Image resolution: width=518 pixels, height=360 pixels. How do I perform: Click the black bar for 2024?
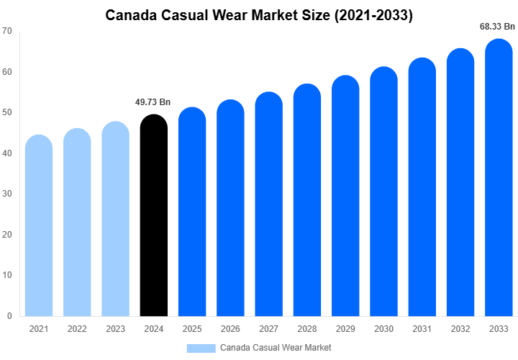pos(153,216)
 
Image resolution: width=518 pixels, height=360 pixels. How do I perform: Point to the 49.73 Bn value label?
pos(153,102)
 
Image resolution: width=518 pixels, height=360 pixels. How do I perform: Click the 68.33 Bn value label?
pos(498,27)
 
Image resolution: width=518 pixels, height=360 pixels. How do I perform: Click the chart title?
pos(259,14)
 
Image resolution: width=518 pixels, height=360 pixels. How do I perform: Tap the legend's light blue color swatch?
pos(201,348)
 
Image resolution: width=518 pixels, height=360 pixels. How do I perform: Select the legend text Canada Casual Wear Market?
pos(276,348)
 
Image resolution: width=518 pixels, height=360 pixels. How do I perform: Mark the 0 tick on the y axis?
pos(9,316)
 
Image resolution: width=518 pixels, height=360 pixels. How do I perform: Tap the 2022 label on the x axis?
pos(77,329)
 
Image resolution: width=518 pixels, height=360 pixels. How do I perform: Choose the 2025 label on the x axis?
pos(192,329)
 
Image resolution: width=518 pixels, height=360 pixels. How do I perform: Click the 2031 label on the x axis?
pos(422,329)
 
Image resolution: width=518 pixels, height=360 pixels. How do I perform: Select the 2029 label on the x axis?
pos(345,329)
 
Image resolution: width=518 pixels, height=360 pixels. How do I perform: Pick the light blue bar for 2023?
pos(115,219)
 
